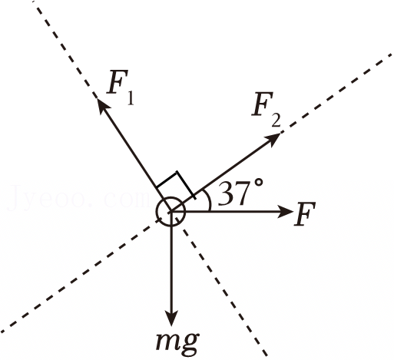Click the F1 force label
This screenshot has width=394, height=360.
pyautogui.click(x=121, y=87)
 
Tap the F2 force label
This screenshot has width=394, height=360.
pyautogui.click(x=267, y=110)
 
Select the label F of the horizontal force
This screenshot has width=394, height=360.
pyautogui.click(x=305, y=214)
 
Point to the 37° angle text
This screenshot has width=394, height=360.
pyautogui.click(x=240, y=193)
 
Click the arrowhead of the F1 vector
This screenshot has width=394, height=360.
pyautogui.click(x=101, y=105)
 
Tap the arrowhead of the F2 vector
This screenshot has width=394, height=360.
pyautogui.click(x=272, y=139)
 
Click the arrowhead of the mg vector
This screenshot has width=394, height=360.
pyautogui.click(x=171, y=318)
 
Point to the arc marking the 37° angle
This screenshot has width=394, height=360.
pyautogui.click(x=209, y=202)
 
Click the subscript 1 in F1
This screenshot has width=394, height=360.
pyautogui.click(x=131, y=98)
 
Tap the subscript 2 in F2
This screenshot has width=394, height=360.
pyautogui.click(x=276, y=121)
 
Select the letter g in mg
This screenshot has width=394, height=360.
pyautogui.click(x=190, y=345)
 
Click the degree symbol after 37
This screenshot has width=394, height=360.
pyautogui.click(x=258, y=183)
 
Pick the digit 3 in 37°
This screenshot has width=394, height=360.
pyautogui.click(x=225, y=193)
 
